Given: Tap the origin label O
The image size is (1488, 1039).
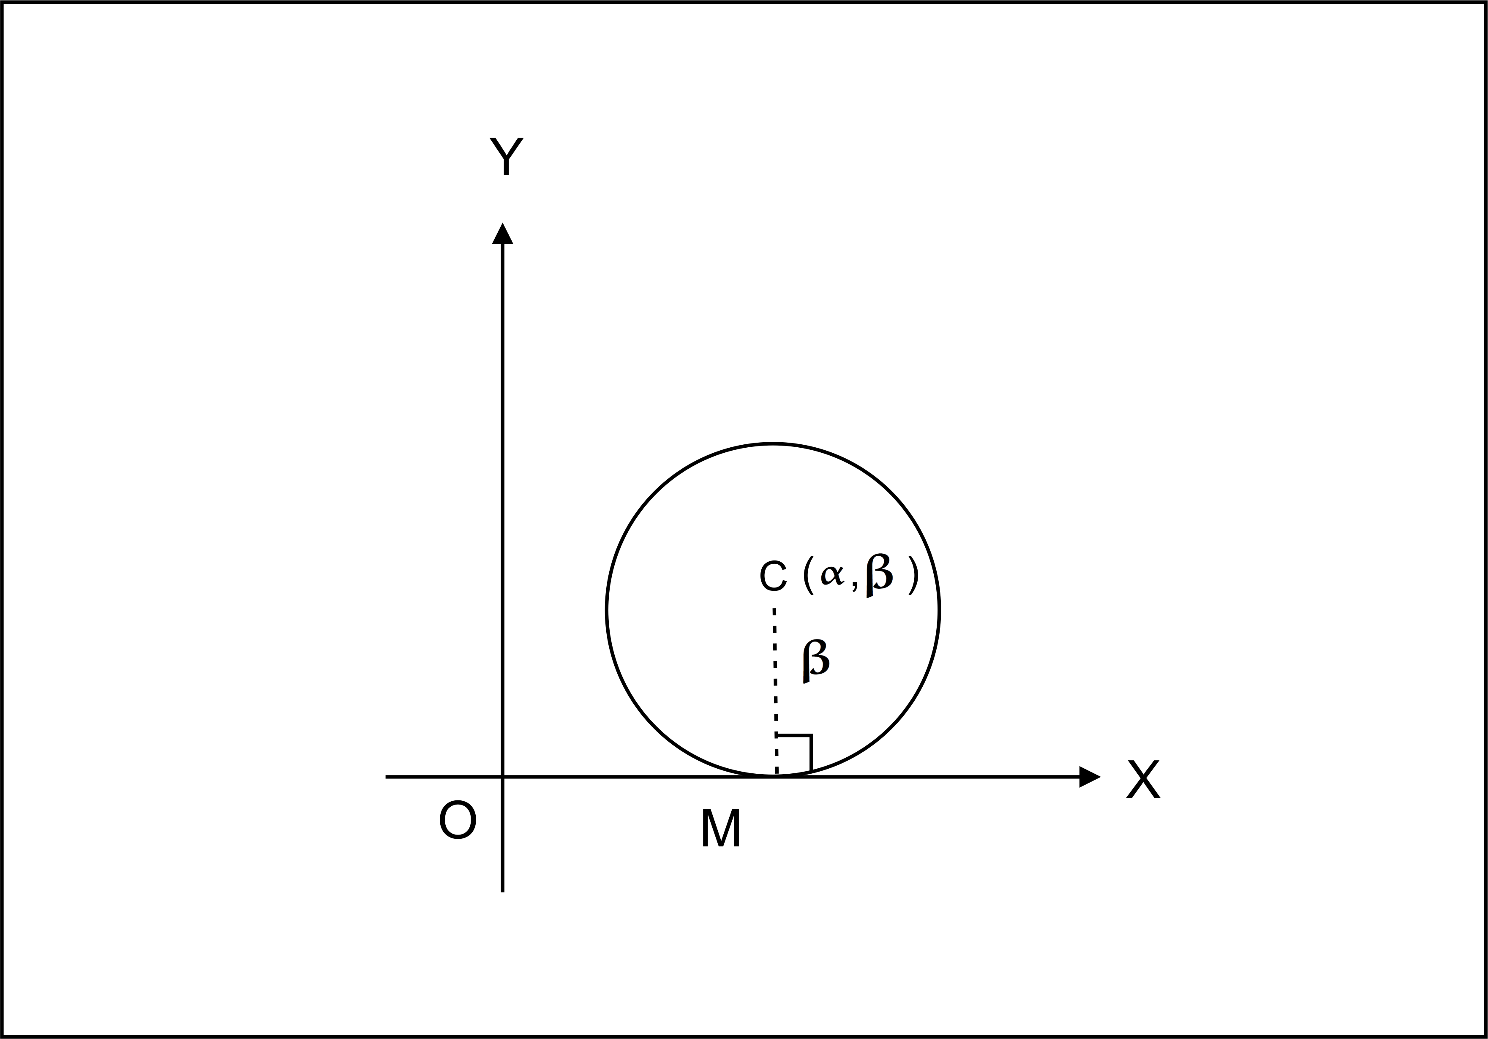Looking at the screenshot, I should pyautogui.click(x=458, y=820).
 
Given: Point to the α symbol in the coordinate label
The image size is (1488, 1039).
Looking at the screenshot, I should pyautogui.click(x=831, y=574).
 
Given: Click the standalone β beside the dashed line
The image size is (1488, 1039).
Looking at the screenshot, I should pyautogui.click(x=815, y=661).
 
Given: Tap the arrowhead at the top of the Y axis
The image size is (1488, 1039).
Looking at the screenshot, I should pyautogui.click(x=503, y=234).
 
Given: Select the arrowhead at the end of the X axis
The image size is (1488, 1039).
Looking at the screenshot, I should pyautogui.click(x=1090, y=777).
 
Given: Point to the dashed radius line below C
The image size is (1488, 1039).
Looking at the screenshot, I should pyautogui.click(x=775, y=687).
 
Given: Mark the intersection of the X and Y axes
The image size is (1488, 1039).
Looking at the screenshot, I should pyautogui.click(x=503, y=777).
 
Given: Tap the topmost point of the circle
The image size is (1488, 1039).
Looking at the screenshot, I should pyautogui.click(x=772, y=444).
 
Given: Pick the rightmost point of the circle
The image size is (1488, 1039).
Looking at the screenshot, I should pyautogui.click(x=939, y=610).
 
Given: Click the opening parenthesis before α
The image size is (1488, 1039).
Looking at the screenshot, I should pyautogui.click(x=807, y=576).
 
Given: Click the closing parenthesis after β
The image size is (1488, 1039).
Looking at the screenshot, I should pyautogui.click(x=913, y=576).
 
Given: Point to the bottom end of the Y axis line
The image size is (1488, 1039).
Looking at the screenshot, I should pyautogui.click(x=503, y=891).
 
